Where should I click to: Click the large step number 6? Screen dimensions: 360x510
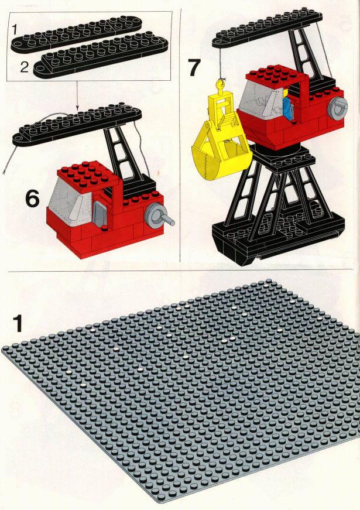(33, 198)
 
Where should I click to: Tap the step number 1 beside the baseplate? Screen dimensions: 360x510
(18, 324)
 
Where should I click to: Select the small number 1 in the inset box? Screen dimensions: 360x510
(14, 30)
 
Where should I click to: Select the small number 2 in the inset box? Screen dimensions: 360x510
(25, 67)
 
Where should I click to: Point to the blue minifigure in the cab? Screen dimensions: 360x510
(287, 107)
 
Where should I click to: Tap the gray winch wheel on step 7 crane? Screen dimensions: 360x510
(338, 107)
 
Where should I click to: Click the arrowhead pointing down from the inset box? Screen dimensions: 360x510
(77, 108)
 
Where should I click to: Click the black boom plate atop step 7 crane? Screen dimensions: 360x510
(268, 29)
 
